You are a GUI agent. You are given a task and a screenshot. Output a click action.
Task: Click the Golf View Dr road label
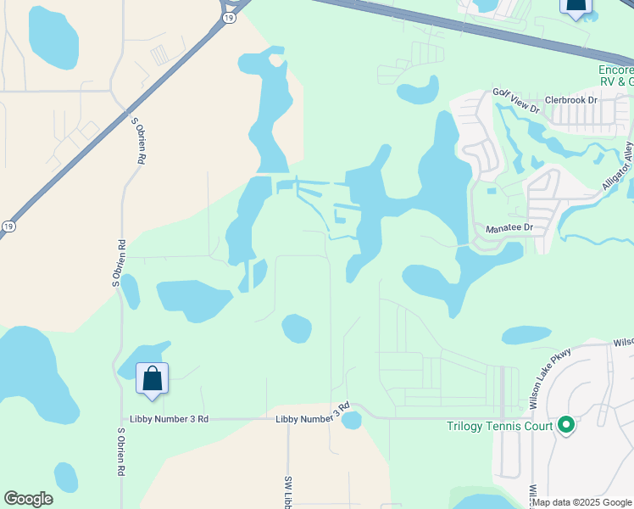pyautogui.click(x=516, y=99)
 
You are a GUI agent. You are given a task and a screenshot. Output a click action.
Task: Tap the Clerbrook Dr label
pyautogui.click(x=571, y=100)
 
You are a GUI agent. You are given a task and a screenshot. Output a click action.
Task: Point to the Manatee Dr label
pyautogui.click(x=508, y=229)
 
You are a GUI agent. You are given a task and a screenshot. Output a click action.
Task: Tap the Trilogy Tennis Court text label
pyautogui.click(x=500, y=426)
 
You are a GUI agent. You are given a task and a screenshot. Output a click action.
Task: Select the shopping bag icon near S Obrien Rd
pyautogui.click(x=152, y=379)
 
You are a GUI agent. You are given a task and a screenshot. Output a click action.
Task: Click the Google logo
pyautogui.click(x=28, y=499)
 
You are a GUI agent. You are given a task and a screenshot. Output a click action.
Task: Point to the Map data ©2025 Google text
pyautogui.click(x=582, y=502)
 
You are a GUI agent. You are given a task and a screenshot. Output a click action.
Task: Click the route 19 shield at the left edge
pyautogui.click(x=8, y=227)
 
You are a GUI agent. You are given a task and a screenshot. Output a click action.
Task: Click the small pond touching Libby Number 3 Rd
pyautogui.click(x=351, y=421)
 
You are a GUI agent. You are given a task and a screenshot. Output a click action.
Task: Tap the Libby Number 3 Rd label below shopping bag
pyautogui.click(x=169, y=419)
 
